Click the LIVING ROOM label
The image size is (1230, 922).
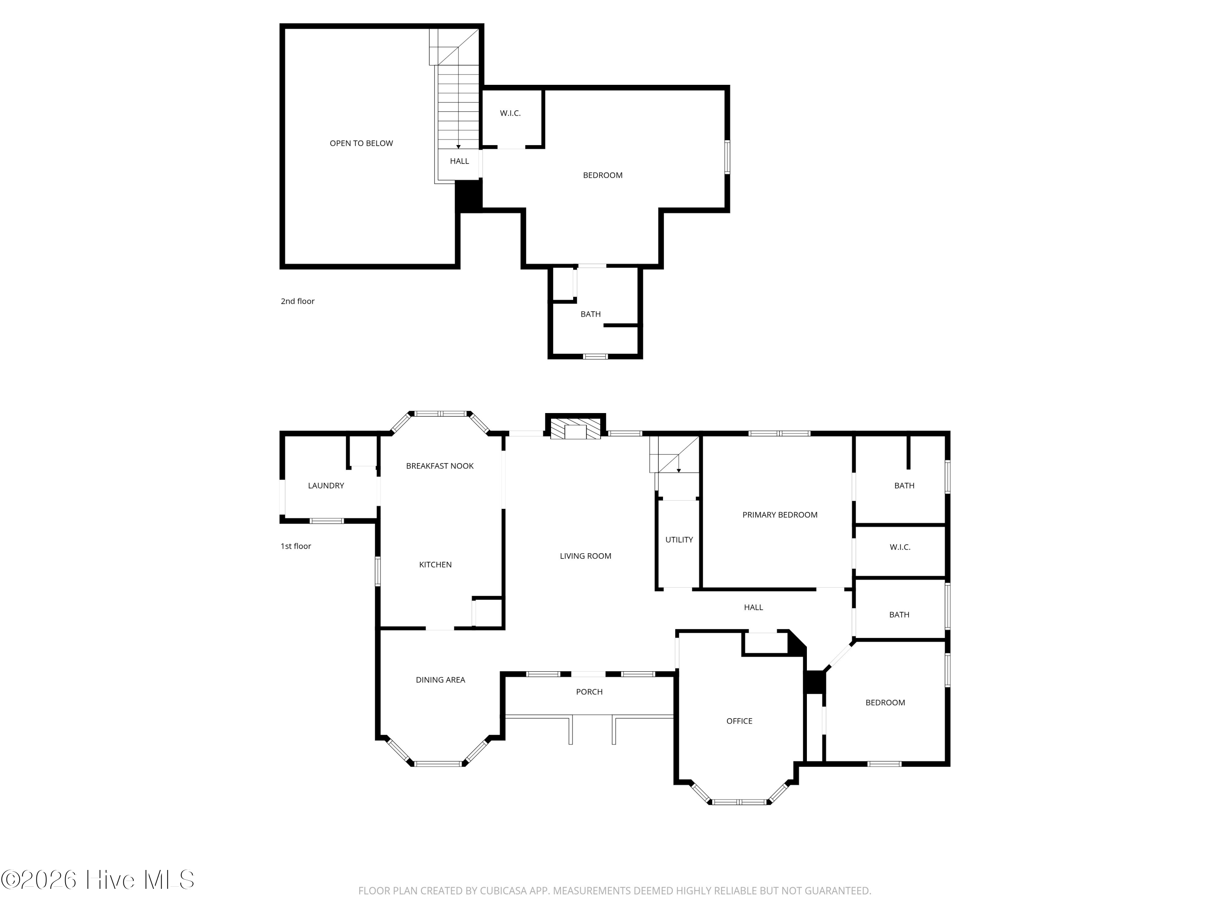tap(585, 556)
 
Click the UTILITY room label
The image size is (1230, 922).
tap(679, 540)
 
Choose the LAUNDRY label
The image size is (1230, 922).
tap(326, 486)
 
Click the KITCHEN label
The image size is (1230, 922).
tap(435, 565)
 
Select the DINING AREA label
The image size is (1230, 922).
tap(440, 680)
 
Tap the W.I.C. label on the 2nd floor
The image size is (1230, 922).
tap(510, 114)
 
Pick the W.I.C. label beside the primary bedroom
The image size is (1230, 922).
tap(900, 547)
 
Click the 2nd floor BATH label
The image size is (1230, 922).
tap(590, 314)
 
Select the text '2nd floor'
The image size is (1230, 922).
tap(298, 301)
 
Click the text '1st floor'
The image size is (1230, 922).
tap(296, 546)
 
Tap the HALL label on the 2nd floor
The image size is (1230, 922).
tap(459, 161)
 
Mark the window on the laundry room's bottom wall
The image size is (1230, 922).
tap(326, 521)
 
